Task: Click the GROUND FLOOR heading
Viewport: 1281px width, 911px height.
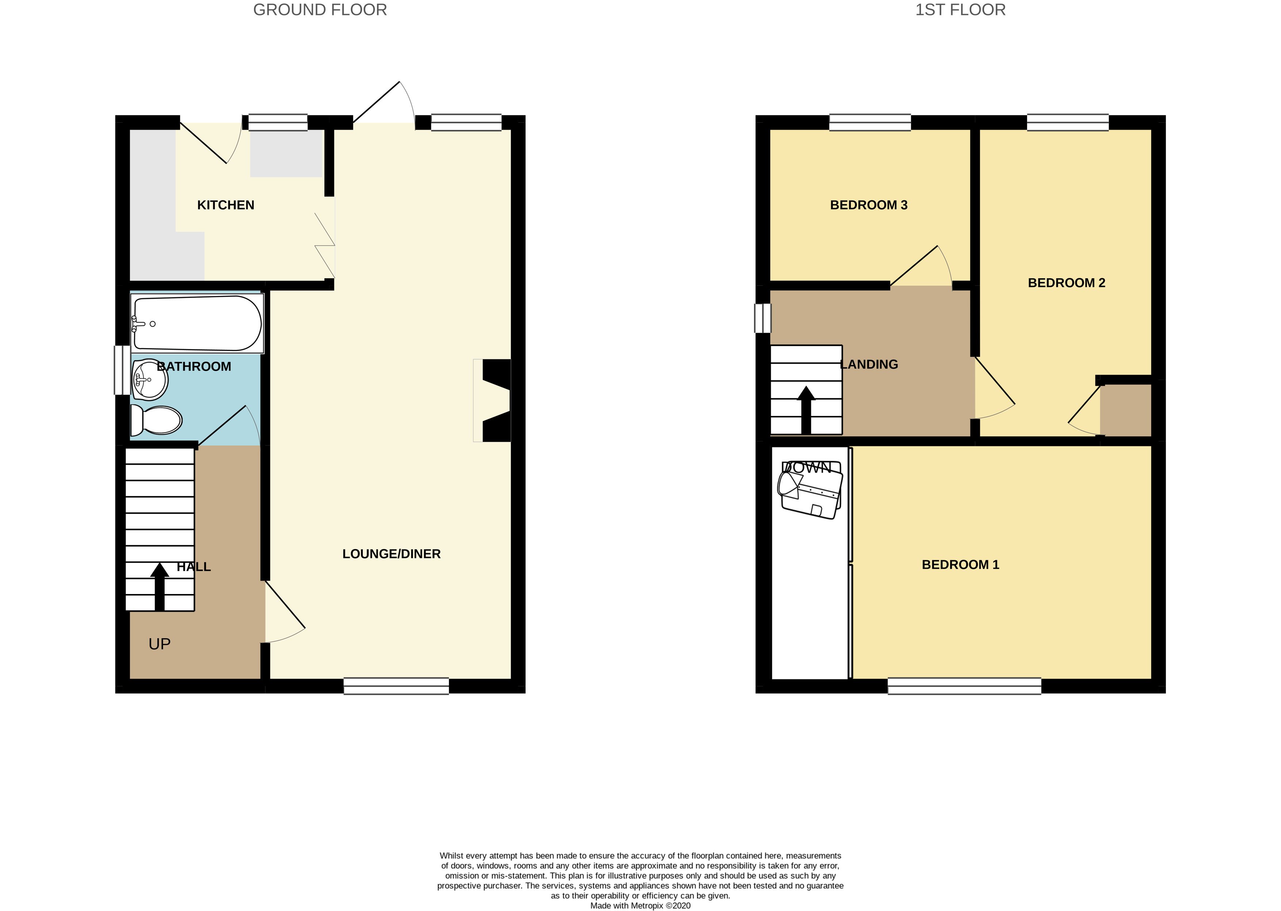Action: pos(320,10)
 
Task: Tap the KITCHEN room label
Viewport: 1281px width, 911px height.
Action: pos(226,205)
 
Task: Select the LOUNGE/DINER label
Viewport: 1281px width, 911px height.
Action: pos(391,554)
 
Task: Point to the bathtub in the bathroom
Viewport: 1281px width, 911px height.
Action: pos(197,324)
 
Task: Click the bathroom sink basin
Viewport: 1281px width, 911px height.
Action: pos(150,380)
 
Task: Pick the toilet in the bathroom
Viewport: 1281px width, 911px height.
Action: pos(157,420)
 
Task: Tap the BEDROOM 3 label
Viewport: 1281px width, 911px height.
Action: pos(869,205)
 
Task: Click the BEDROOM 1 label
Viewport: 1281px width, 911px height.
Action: pos(960,565)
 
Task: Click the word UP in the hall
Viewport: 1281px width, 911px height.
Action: pos(159,644)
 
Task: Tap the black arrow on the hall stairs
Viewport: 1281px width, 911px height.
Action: pos(159,586)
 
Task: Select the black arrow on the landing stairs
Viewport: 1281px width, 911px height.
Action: pos(806,410)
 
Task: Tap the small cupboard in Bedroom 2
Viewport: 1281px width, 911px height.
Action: pos(1125,410)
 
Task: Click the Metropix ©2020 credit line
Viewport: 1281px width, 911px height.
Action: pos(640,906)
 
